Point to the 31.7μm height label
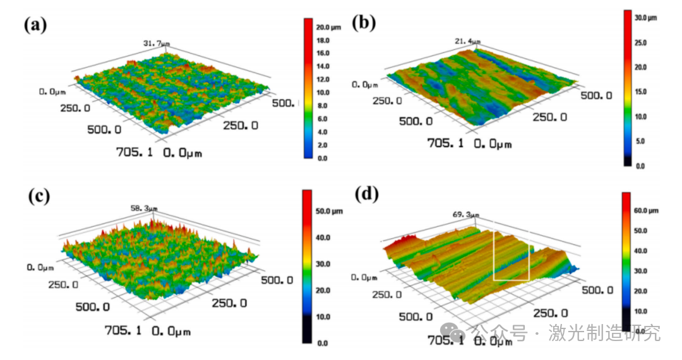[156, 44]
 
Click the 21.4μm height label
[468, 41]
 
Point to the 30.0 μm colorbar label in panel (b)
[647, 18]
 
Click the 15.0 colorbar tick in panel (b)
[641, 92]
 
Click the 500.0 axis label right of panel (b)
[595, 95]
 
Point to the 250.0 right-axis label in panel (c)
[229, 304]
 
